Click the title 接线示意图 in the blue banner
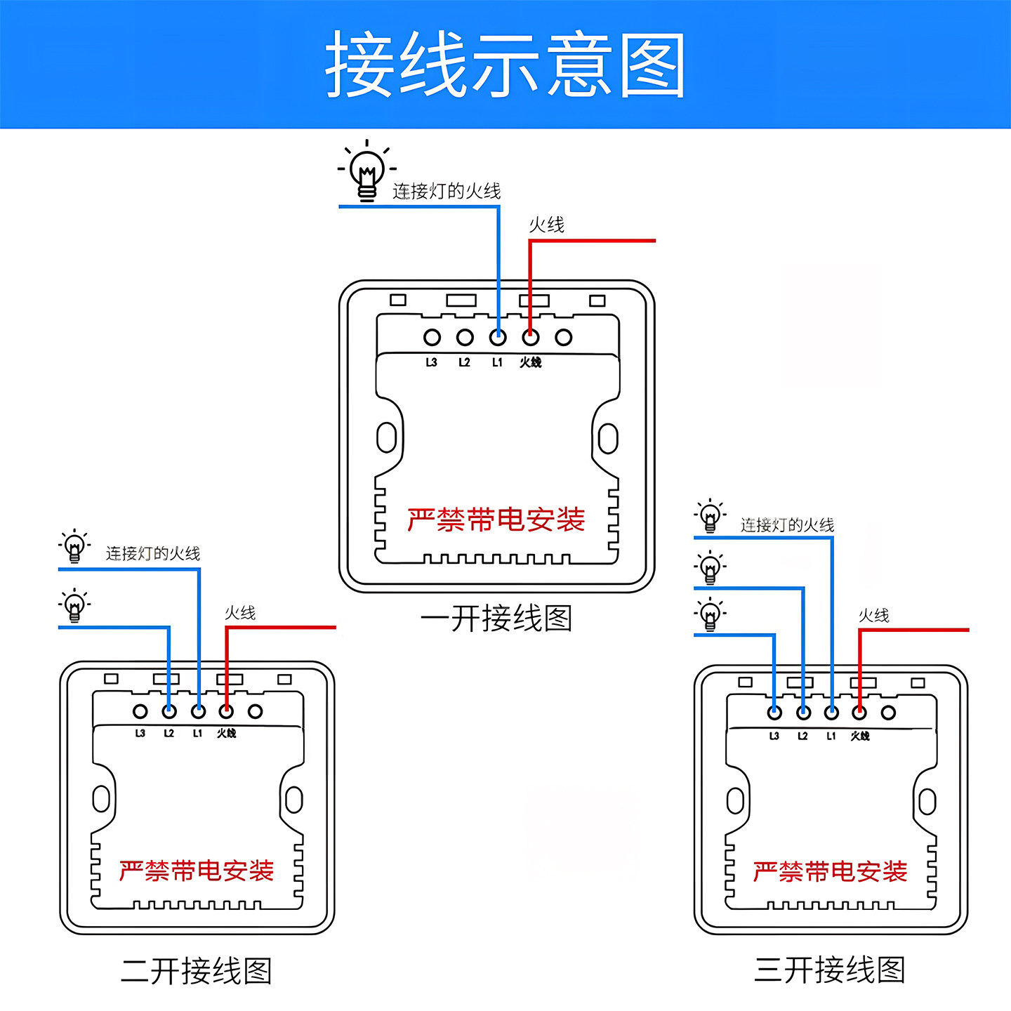pos(505,65)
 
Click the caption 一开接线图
pos(496,619)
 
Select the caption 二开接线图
pos(196,971)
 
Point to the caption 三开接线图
pos(829,970)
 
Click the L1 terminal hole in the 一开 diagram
pos(498,338)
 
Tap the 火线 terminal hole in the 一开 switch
pos(531,338)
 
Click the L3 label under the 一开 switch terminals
pos(431,362)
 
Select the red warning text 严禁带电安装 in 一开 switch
pos(496,520)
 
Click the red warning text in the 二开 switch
pos(196,871)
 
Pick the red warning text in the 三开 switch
pos(830,872)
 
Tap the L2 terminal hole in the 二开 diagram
pos(169,711)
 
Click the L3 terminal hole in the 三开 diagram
pos(774,713)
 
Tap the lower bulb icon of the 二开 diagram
pos(74,606)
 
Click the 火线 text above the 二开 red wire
pos(240,613)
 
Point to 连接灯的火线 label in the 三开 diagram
pos(787,525)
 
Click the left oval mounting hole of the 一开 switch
pos(386,437)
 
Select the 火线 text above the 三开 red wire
pos(874,616)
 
